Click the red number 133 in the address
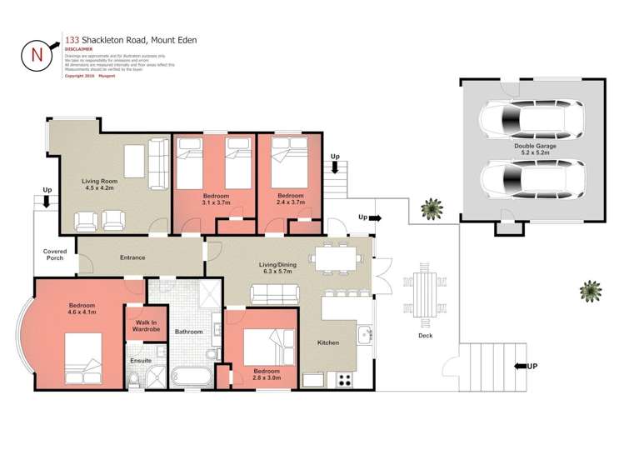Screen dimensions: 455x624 click(72, 39)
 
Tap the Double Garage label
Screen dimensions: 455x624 click(535, 149)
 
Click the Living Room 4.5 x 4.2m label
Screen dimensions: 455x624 click(99, 185)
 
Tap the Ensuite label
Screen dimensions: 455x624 click(141, 360)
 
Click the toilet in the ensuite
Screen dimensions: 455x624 click(135, 380)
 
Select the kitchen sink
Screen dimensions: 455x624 click(363, 337)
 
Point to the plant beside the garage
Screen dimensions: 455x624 click(432, 207)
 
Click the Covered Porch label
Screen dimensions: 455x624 click(55, 254)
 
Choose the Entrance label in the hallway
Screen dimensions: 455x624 click(132, 257)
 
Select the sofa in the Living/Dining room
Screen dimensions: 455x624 click(274, 293)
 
